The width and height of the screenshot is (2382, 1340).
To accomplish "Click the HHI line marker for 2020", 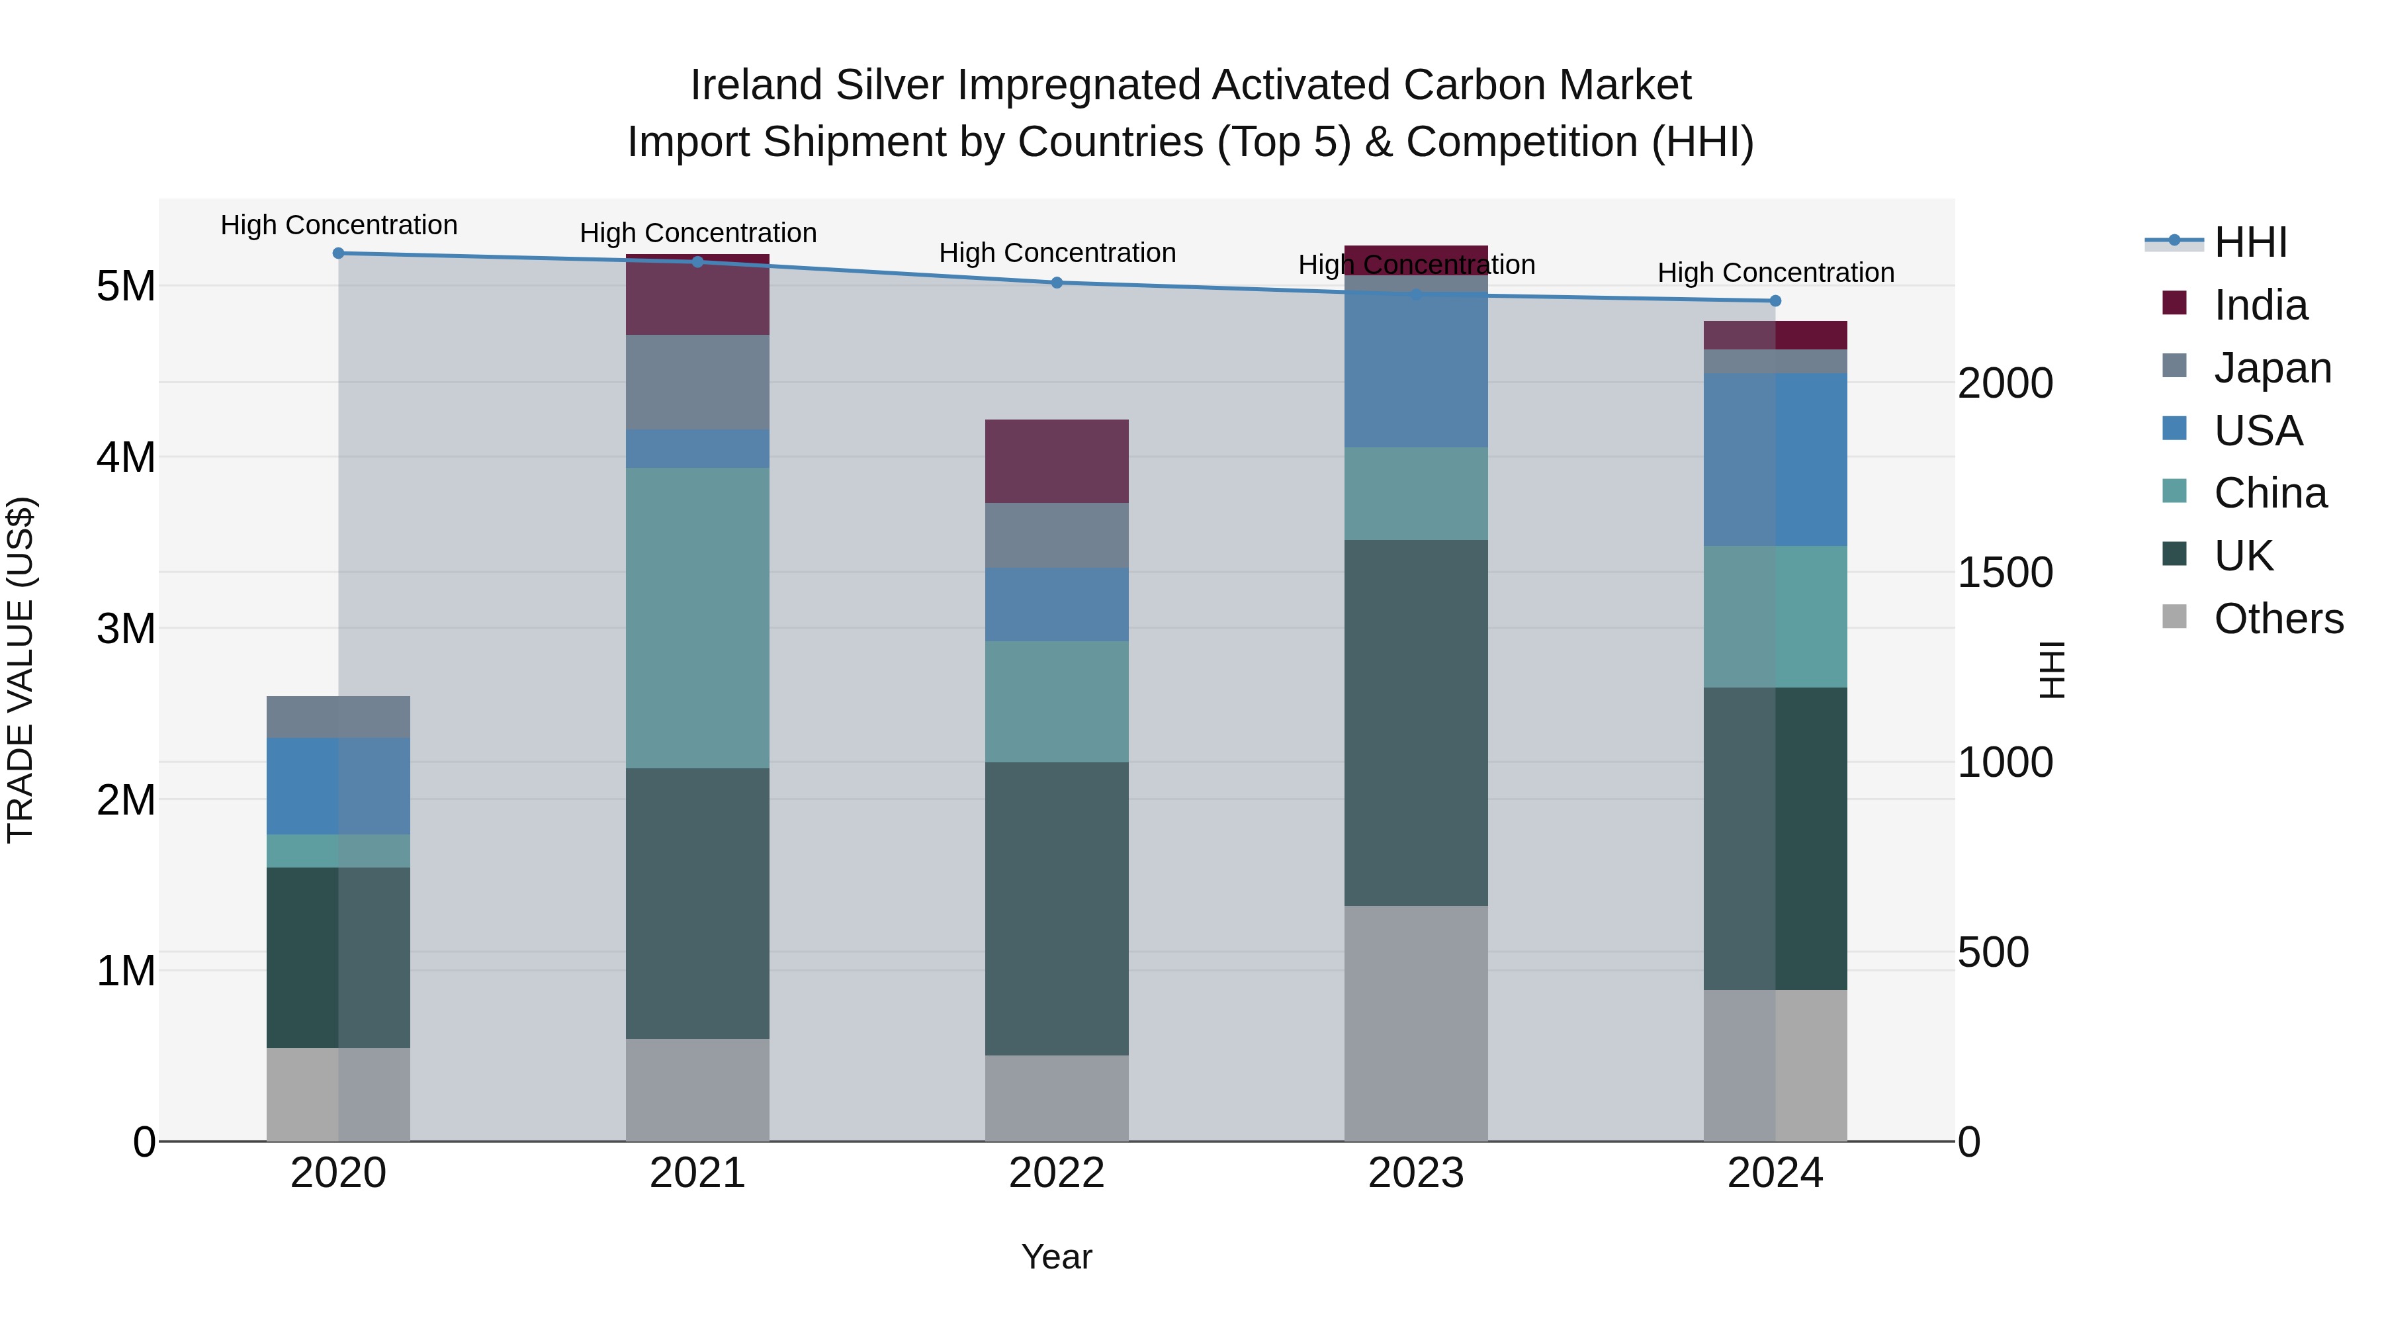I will click(x=338, y=253).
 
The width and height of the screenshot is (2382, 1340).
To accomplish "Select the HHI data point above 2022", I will click(x=1057, y=283).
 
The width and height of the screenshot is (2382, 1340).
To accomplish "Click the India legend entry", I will click(x=2260, y=305).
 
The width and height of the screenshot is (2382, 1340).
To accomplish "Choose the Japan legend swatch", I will click(x=2174, y=366).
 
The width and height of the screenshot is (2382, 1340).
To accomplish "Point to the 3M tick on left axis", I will click(x=126, y=629).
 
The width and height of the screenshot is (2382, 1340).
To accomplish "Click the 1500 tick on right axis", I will click(x=2005, y=573).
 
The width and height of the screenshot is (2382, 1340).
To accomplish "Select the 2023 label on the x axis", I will click(x=1416, y=1173).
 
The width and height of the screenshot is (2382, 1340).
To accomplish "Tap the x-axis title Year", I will click(x=1056, y=1257).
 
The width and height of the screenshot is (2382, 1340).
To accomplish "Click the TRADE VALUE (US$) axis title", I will click(x=21, y=670).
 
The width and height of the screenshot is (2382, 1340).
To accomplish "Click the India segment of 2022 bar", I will click(x=1056, y=461).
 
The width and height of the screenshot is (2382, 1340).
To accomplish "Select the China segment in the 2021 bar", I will click(x=697, y=618).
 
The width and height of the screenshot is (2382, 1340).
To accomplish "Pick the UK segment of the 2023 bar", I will click(x=1416, y=722).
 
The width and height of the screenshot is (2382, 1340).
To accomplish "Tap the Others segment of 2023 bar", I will click(x=1416, y=1023).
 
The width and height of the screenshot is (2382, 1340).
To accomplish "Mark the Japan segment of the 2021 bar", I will click(x=697, y=382).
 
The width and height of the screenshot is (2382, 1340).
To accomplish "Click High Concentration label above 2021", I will click(x=697, y=233).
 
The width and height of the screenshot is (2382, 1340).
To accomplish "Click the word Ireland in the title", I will click(x=756, y=86).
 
